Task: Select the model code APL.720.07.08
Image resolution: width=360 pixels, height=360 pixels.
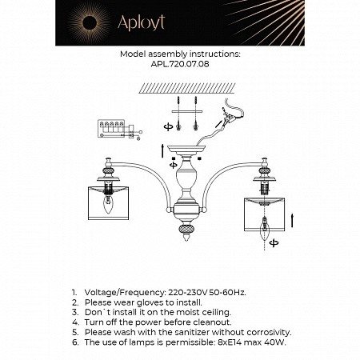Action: click(x=179, y=65)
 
